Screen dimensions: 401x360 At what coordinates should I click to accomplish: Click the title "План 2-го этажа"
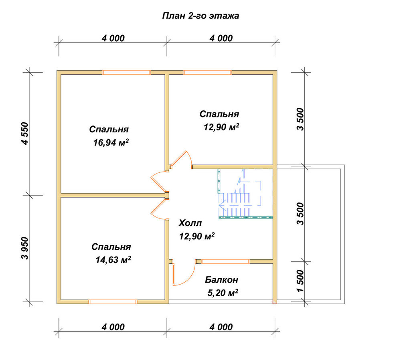[x=200, y=16]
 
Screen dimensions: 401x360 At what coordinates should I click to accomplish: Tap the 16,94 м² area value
[x=111, y=142]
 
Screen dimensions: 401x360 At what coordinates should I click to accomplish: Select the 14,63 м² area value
[x=113, y=260]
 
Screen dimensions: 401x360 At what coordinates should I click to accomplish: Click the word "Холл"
[x=190, y=223]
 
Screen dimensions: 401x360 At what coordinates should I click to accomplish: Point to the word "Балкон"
[x=221, y=280]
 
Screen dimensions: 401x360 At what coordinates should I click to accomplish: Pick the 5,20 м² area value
[x=223, y=293]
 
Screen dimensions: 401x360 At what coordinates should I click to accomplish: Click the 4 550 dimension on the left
[x=26, y=134]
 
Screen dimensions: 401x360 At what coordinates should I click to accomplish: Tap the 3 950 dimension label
[x=26, y=248]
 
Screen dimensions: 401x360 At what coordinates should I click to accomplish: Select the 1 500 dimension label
[x=301, y=281]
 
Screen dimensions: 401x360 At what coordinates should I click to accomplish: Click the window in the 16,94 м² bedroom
[x=126, y=72]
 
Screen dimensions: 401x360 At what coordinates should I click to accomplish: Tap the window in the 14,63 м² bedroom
[x=113, y=302]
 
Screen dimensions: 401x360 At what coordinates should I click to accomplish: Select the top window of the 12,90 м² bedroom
[x=207, y=72]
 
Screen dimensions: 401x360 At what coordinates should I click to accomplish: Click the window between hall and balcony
[x=225, y=261]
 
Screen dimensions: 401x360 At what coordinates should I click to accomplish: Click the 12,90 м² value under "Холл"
[x=196, y=236]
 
